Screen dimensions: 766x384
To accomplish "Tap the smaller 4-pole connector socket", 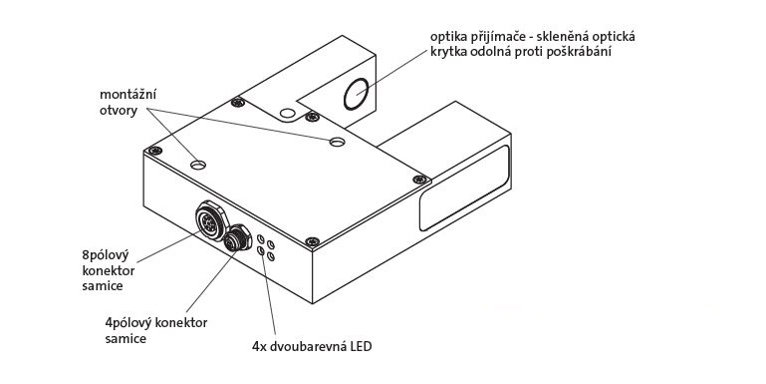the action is (x=237, y=237).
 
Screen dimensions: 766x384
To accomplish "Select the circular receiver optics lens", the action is (x=357, y=94).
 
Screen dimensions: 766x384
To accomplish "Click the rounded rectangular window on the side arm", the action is (x=463, y=189).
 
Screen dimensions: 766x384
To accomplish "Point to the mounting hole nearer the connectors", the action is (x=198, y=165).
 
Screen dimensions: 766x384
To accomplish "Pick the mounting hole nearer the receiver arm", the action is (x=337, y=142).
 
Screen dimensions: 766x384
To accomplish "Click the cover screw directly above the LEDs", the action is (x=312, y=241).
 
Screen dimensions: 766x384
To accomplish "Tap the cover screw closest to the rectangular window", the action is (x=420, y=180).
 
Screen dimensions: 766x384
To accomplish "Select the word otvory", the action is (x=119, y=111).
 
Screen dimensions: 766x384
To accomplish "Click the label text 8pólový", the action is (x=105, y=256).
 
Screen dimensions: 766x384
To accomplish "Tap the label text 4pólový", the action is (x=128, y=323).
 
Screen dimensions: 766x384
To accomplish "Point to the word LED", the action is (x=361, y=347).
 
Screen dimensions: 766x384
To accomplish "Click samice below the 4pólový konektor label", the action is (x=126, y=338).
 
